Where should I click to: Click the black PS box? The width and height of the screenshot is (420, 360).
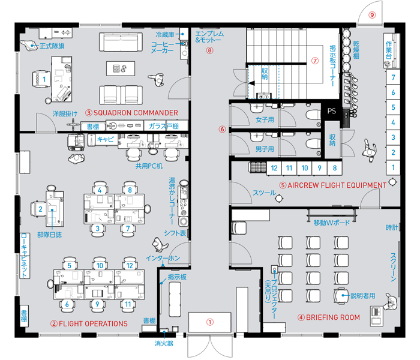(331, 111)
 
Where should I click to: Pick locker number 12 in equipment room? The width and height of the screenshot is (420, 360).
(274, 168)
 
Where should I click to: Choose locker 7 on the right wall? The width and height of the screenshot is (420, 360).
(393, 77)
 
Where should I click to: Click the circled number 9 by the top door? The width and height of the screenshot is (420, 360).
(372, 15)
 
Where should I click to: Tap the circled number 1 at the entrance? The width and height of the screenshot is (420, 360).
(210, 322)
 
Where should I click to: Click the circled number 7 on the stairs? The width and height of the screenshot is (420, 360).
(315, 61)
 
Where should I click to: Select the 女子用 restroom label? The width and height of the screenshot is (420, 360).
(265, 120)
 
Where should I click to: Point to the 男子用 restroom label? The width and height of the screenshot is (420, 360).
(265, 149)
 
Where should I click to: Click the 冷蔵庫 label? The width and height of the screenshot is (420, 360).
(165, 35)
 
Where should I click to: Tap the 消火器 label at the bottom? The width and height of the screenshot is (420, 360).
(164, 343)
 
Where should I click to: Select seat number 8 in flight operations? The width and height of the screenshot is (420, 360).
(130, 190)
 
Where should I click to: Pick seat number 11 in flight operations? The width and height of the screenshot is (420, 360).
(128, 304)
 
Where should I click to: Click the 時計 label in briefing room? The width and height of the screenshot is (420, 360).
(392, 227)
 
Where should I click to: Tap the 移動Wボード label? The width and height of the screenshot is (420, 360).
(332, 223)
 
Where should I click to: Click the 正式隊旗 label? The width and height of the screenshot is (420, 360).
(52, 46)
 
